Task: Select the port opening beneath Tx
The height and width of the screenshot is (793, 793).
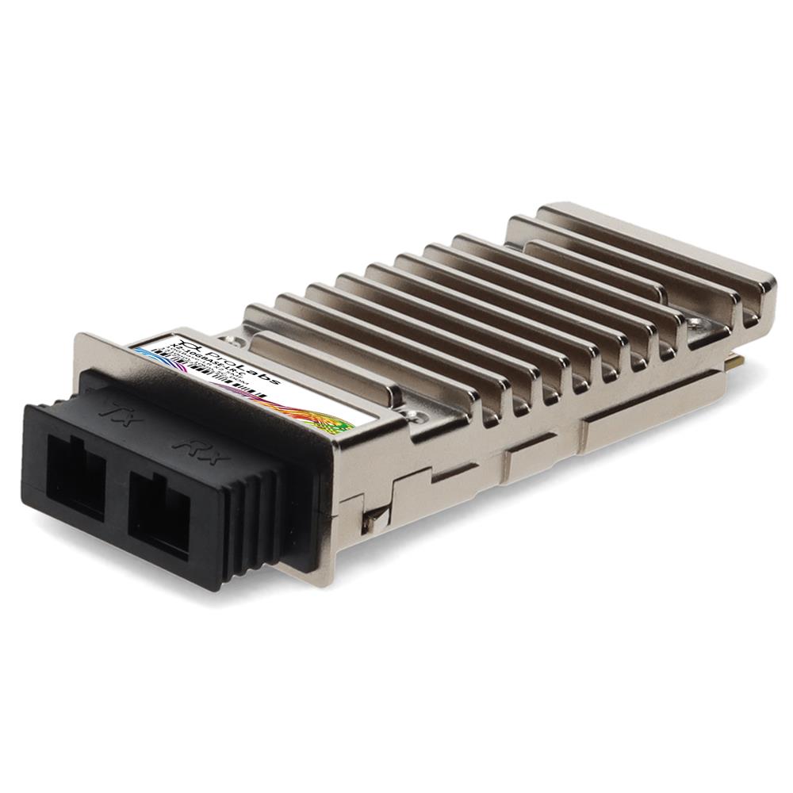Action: [x=75, y=474]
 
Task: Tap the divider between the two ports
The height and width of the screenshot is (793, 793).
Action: [x=117, y=492]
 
